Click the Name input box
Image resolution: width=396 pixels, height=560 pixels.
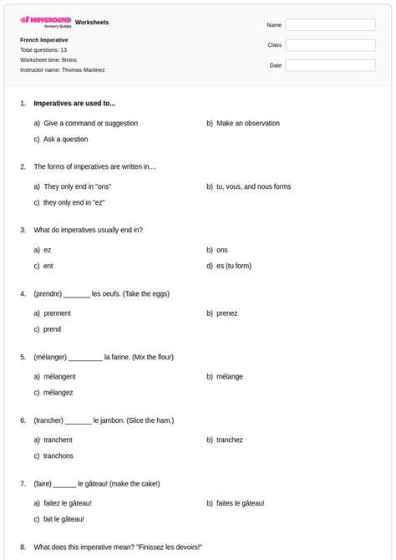pos(330,25)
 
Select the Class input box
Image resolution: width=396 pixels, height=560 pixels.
pos(330,45)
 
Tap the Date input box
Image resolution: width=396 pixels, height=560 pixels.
pos(330,65)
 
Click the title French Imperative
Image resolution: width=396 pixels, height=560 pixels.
pos(44,39)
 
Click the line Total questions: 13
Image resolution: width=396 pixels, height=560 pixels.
pos(43,50)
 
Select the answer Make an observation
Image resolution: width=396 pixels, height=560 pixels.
pos(247,123)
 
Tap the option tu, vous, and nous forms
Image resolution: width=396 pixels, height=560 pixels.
pos(253,186)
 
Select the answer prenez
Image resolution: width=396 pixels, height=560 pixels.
pos(226,313)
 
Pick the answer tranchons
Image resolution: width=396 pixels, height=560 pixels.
pos(58,456)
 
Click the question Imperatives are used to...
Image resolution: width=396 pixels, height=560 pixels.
pos(74,104)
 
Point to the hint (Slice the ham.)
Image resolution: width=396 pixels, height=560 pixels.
pos(150,420)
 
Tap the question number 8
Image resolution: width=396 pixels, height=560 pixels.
pos(23,547)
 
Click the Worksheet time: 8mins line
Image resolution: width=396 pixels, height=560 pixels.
pos(48,60)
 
